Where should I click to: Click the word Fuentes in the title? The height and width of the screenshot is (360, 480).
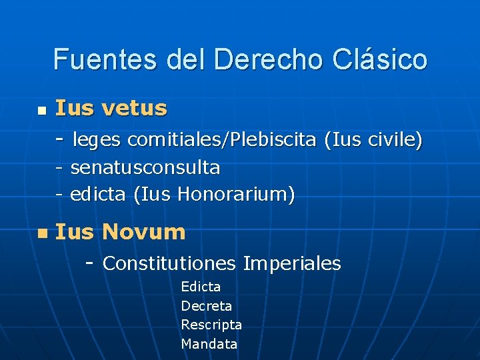coord(97,59)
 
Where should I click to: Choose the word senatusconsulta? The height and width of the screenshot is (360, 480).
coord(145,167)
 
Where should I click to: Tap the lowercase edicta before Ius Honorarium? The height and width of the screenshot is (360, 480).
coord(99,195)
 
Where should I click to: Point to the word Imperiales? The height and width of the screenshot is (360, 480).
coord(292,263)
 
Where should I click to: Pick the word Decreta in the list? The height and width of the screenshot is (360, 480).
coord(207,306)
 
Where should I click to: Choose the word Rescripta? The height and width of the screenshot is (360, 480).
coord(211,325)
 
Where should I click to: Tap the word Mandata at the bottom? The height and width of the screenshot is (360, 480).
coord(209,344)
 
